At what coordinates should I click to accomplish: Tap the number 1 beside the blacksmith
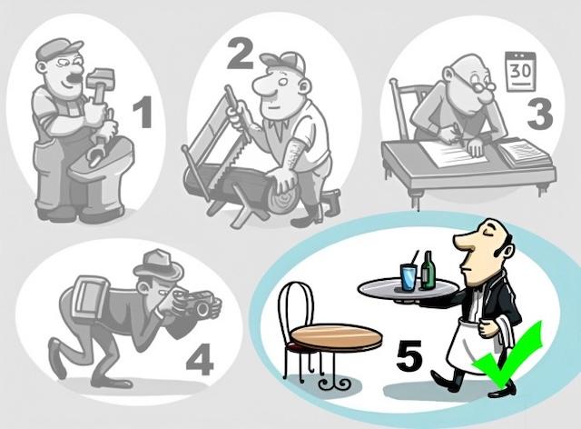tap(143, 115)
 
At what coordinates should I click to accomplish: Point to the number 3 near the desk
tap(539, 115)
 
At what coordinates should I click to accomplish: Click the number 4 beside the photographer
tap(199, 360)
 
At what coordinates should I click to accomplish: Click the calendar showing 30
tap(520, 69)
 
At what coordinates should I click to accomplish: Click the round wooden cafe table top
tap(336, 337)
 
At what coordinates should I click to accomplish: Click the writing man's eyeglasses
tap(480, 89)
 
